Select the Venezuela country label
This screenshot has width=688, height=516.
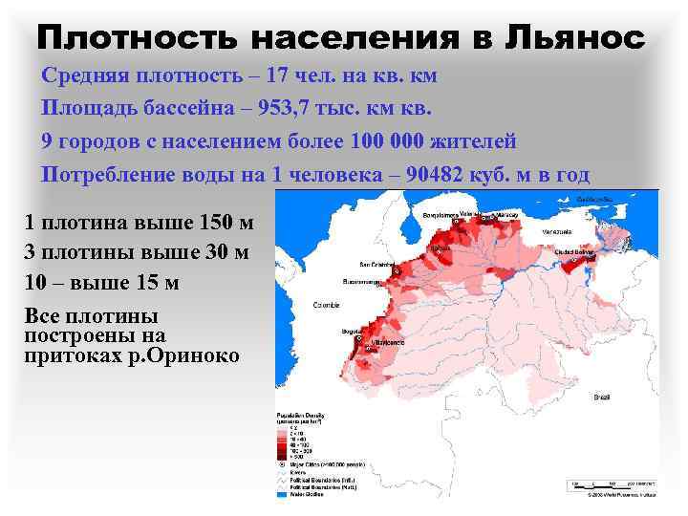tap(556, 232)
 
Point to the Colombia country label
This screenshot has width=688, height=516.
tap(327, 305)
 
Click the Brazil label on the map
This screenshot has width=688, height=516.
tap(602, 396)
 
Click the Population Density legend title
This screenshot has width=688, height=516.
tap(299, 415)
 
